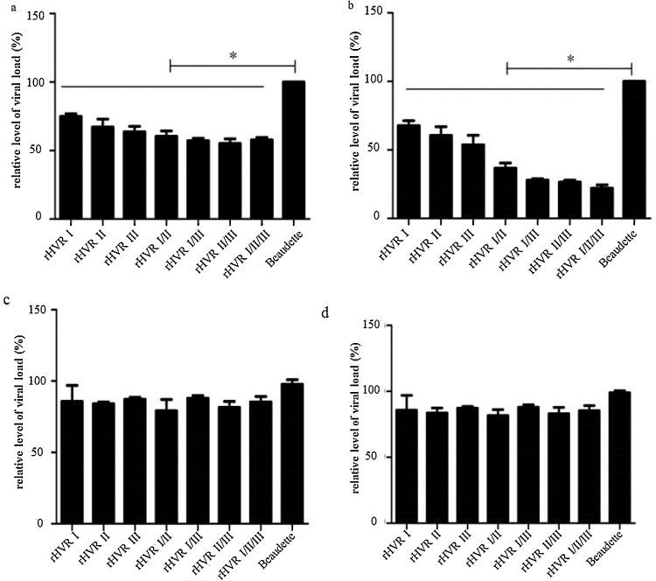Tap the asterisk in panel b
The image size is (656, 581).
[570, 59]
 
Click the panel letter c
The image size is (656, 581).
[7, 301]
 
